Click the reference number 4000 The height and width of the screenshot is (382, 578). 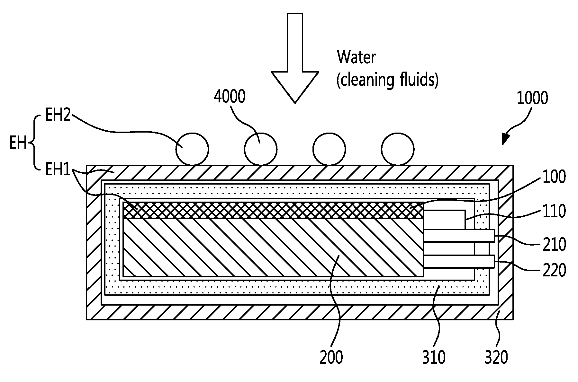[229, 96]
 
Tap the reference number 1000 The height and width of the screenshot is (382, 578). [532, 99]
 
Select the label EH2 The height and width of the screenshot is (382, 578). [58, 115]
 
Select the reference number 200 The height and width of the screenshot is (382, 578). [331, 357]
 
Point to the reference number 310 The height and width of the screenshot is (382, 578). [434, 357]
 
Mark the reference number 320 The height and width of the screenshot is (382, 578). [496, 357]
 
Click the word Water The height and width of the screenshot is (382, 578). [356, 57]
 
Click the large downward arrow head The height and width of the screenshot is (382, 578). [295, 87]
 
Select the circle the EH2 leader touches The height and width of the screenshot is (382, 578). [192, 149]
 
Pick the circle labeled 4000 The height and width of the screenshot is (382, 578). [261, 149]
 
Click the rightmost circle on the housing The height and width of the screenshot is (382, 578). [398, 149]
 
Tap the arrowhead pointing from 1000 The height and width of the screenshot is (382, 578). [505, 139]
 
